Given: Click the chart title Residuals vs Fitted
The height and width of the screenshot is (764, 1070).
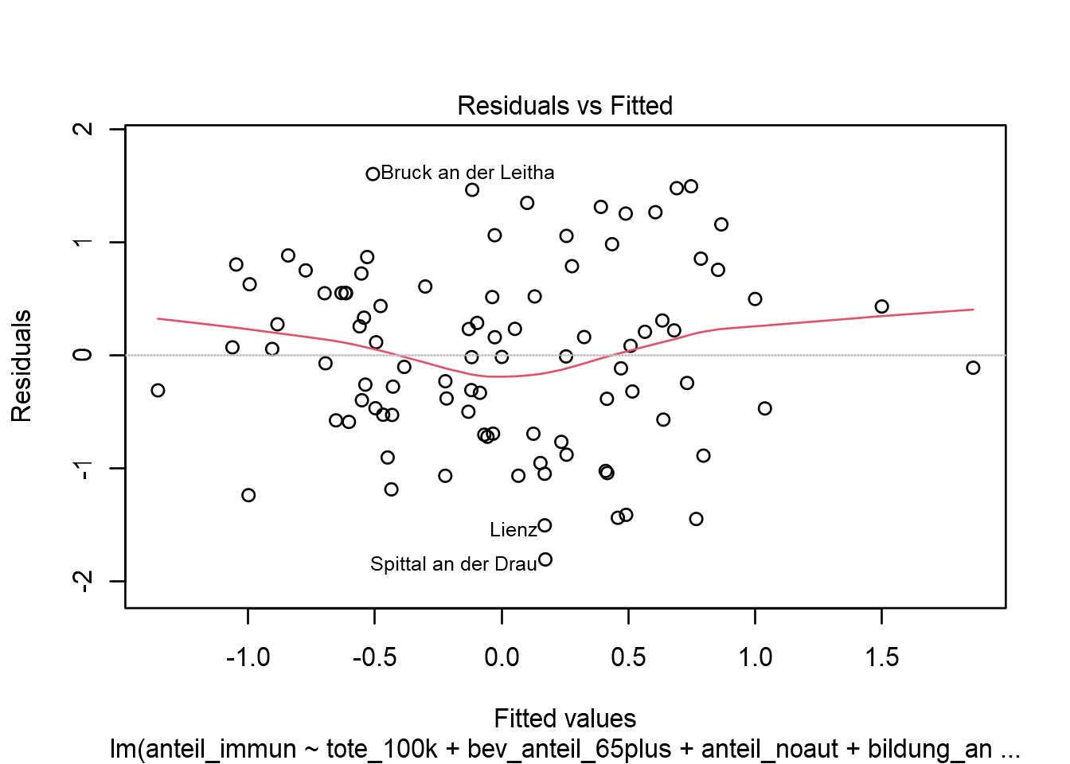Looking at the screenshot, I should [564, 106].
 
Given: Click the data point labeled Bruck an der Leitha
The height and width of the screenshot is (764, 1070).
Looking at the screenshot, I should [373, 173].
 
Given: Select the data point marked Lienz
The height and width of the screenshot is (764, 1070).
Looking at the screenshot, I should [545, 525].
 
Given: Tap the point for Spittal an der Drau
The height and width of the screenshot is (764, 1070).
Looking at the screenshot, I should [545, 559].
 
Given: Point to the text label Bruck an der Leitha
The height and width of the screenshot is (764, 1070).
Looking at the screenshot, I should [467, 173].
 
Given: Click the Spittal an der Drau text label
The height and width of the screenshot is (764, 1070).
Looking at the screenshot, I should [453, 564].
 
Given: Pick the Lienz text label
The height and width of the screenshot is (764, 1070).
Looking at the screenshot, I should [513, 530].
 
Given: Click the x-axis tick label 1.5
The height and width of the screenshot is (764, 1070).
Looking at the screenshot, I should [881, 657].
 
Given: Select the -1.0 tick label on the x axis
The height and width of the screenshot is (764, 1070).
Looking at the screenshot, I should [248, 657].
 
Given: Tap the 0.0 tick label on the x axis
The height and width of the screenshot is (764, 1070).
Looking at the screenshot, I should [502, 657].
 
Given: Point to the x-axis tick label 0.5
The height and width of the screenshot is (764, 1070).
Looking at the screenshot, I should [628, 657].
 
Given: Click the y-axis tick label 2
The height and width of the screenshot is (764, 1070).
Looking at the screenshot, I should [83, 129].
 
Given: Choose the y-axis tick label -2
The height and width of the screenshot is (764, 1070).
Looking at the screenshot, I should [83, 581].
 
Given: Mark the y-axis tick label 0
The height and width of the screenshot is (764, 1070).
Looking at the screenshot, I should [83, 355].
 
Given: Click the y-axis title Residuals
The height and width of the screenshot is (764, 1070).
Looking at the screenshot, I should [21, 366].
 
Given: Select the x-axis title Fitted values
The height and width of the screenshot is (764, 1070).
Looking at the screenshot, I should [564, 719].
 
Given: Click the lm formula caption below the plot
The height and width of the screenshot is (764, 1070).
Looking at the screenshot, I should [564, 749].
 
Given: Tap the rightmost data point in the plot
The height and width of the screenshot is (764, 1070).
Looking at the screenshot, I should [973, 368].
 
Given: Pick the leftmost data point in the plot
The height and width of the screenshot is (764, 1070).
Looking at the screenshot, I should [158, 390].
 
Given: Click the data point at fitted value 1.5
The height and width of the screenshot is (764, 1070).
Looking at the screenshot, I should [881, 306].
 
